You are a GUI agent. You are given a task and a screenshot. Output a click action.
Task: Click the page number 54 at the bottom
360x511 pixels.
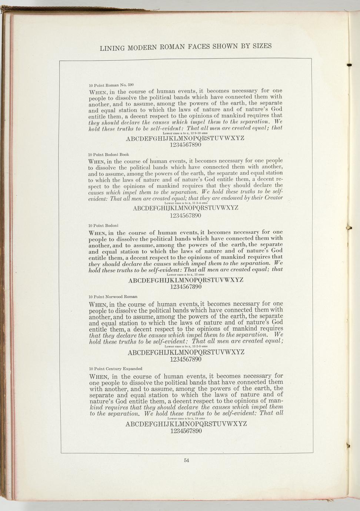[186, 461]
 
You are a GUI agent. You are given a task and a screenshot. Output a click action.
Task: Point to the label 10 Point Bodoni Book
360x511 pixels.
[108, 154]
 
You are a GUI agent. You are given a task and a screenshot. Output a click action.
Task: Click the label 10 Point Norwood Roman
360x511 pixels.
[113, 297]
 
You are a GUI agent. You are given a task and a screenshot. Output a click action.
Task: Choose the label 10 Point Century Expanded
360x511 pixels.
[116, 369]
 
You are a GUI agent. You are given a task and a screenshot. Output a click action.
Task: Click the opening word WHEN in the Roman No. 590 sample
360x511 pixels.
[98, 91]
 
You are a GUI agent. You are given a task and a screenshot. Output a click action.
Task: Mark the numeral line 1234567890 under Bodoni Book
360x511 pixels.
[185, 215]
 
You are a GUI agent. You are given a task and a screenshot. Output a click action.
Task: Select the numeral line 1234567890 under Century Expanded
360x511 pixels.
[186, 431]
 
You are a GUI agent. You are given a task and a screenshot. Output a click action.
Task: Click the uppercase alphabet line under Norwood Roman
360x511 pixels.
[186, 352]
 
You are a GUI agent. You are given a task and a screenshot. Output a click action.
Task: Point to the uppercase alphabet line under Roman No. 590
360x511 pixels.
[185, 139]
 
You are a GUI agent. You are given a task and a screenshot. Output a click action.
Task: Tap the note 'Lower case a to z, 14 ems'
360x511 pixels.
[184, 418]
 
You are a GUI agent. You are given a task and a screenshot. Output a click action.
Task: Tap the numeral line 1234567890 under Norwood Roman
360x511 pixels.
[186, 359]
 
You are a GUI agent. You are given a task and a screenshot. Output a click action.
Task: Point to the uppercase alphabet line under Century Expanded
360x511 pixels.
[186, 424]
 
